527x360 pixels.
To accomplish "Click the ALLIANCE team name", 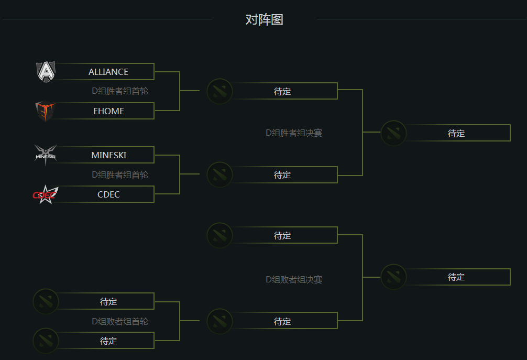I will pyautogui.click(x=108, y=72).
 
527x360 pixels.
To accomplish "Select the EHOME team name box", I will pyautogui.click(x=108, y=111).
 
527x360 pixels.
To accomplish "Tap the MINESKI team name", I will pyautogui.click(x=108, y=155).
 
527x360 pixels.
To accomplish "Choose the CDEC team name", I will pyautogui.click(x=108, y=194).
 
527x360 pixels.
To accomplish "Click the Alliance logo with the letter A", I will pyautogui.click(x=46, y=72).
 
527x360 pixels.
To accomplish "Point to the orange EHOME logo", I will pyautogui.click(x=46, y=111).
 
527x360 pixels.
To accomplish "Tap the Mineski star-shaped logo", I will pyautogui.click(x=46, y=155).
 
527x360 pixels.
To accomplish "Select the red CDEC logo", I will pyautogui.click(x=46, y=194).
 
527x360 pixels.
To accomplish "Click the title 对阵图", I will pyautogui.click(x=265, y=20).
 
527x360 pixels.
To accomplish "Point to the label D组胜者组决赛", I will pyautogui.click(x=294, y=133).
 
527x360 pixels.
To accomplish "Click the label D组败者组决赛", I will pyautogui.click(x=294, y=280).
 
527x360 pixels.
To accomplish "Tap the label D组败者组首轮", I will pyautogui.click(x=120, y=321).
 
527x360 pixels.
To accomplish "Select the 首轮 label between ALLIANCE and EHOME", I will pyautogui.click(x=120, y=91).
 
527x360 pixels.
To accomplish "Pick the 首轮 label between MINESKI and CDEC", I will pyautogui.click(x=120, y=174).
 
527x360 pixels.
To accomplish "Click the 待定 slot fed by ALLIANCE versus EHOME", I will pyautogui.click(x=282, y=91).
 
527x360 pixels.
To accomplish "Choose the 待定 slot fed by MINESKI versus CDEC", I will pyautogui.click(x=282, y=174).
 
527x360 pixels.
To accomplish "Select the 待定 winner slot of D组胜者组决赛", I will pyautogui.click(x=456, y=133).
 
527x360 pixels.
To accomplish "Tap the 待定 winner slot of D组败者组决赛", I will pyautogui.click(x=456, y=277).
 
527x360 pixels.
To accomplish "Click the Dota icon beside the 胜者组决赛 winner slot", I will pyautogui.click(x=393, y=133).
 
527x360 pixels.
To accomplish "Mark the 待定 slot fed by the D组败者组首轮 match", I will pyautogui.click(x=282, y=321).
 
